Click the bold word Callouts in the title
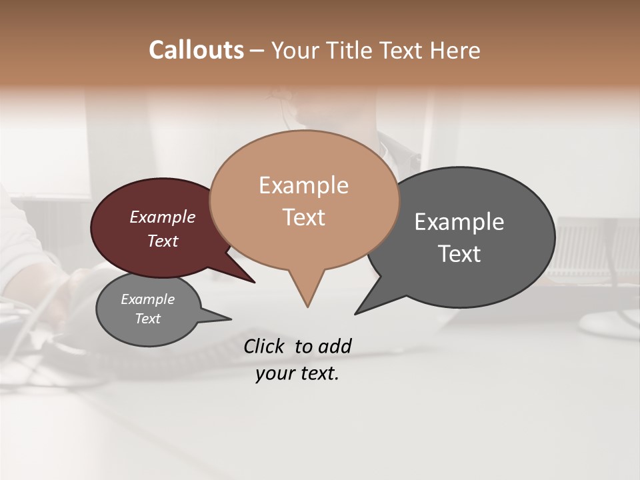click(x=196, y=50)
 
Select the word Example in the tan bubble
click(x=303, y=185)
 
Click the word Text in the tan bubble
click(x=303, y=217)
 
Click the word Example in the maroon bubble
click(x=162, y=217)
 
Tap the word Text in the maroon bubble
click(x=162, y=241)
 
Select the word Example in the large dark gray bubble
click(x=459, y=221)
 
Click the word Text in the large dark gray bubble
click(x=459, y=253)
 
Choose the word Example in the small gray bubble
click(x=147, y=299)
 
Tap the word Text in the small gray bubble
click(x=147, y=319)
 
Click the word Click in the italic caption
click(x=265, y=346)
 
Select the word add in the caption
click(x=334, y=346)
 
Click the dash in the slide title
click(x=257, y=51)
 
